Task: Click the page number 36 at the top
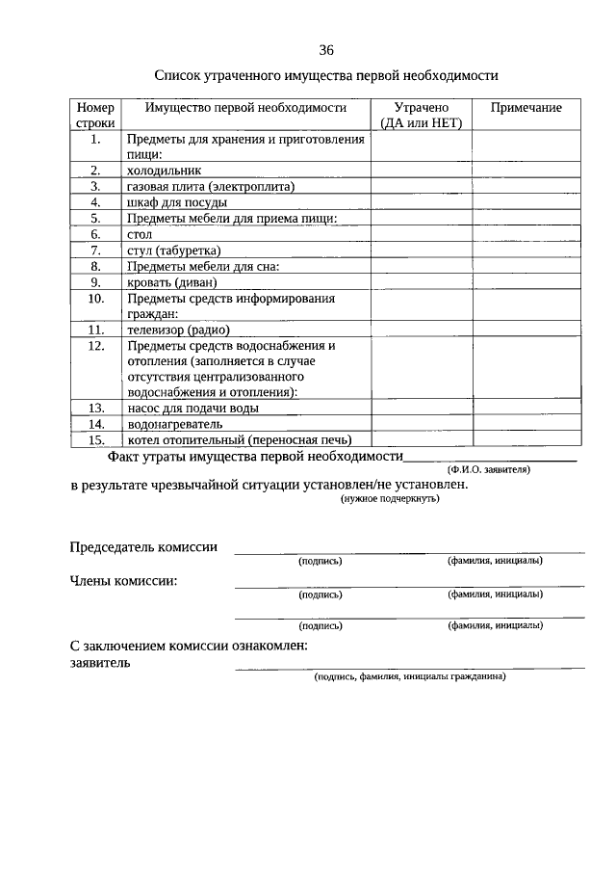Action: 326,50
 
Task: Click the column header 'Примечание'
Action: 526,108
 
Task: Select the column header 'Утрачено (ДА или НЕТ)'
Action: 422,116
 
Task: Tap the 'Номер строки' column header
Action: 95,116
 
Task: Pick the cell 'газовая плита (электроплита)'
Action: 210,186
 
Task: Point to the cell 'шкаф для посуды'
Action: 176,202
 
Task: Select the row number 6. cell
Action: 95,234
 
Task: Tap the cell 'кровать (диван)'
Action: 171,282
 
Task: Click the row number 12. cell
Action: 95,345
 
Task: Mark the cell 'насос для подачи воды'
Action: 192,408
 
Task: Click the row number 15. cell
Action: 95,439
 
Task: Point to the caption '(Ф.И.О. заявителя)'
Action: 488,469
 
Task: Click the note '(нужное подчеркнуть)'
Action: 390,500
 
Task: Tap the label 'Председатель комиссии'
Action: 143,547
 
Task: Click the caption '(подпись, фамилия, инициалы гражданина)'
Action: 409,675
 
